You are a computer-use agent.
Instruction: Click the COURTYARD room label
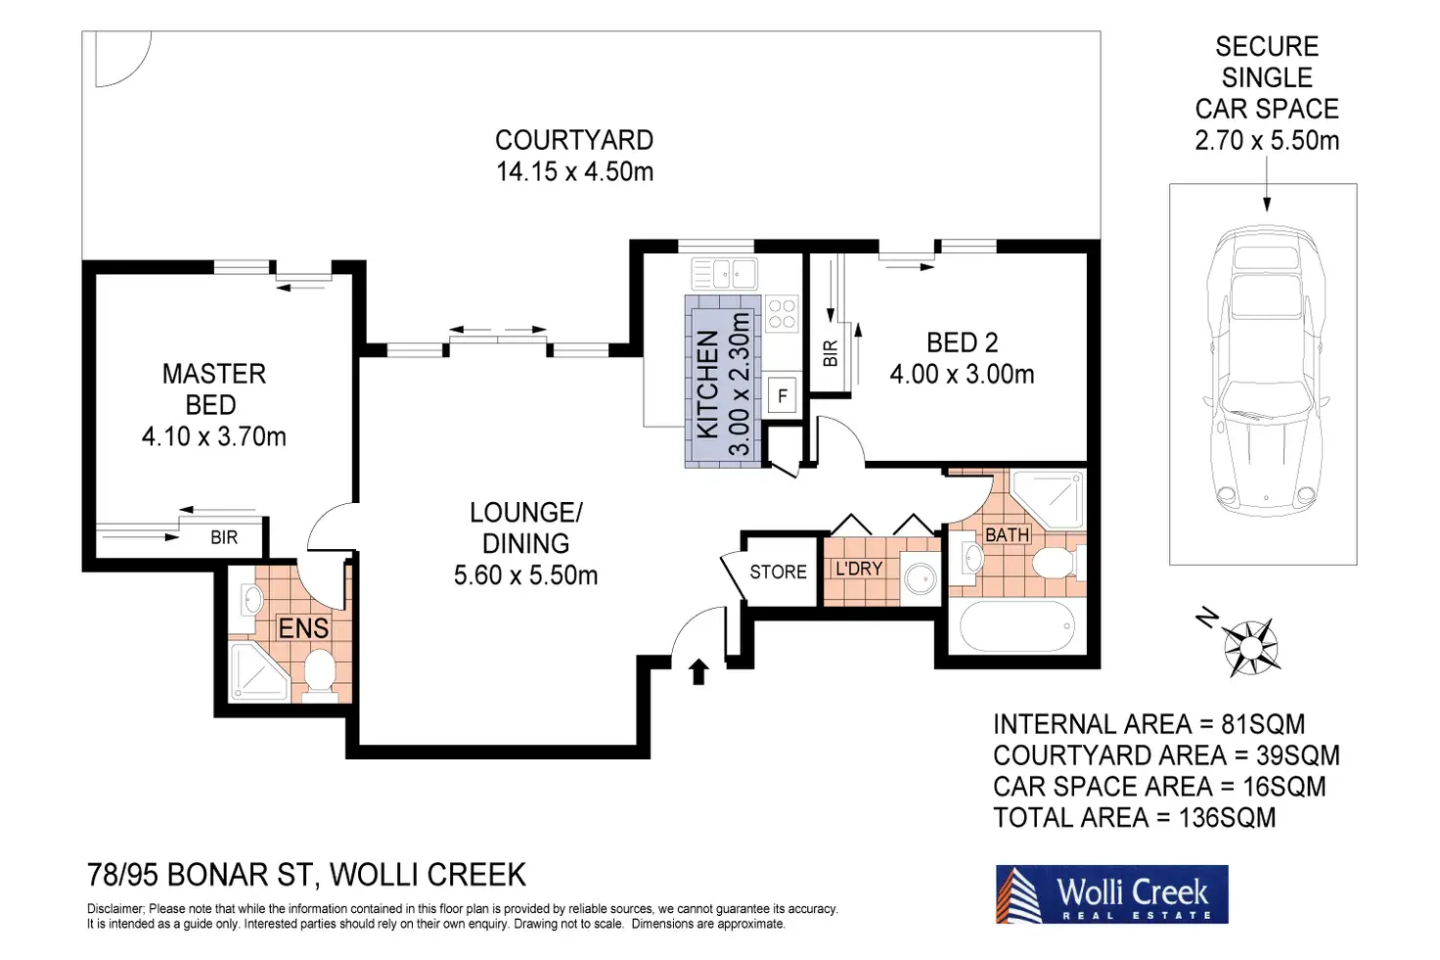click(574, 140)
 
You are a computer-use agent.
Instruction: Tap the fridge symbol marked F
click(783, 394)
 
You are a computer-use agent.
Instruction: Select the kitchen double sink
click(725, 273)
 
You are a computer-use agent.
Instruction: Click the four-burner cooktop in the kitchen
click(782, 314)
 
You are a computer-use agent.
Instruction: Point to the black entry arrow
click(698, 671)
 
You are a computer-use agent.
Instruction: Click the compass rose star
click(1250, 647)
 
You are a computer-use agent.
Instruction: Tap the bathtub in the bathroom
click(1016, 625)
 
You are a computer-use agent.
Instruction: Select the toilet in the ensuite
click(319, 673)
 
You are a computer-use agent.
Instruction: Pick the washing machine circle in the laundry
click(920, 578)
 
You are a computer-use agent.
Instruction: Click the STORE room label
click(778, 571)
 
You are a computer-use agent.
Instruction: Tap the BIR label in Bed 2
click(831, 353)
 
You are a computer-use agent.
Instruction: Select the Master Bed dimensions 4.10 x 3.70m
click(214, 436)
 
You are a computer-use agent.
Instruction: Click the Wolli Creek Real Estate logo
click(1111, 894)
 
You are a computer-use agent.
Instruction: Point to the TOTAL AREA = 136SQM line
click(1135, 818)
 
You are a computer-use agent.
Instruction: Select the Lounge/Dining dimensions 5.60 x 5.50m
click(526, 574)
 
